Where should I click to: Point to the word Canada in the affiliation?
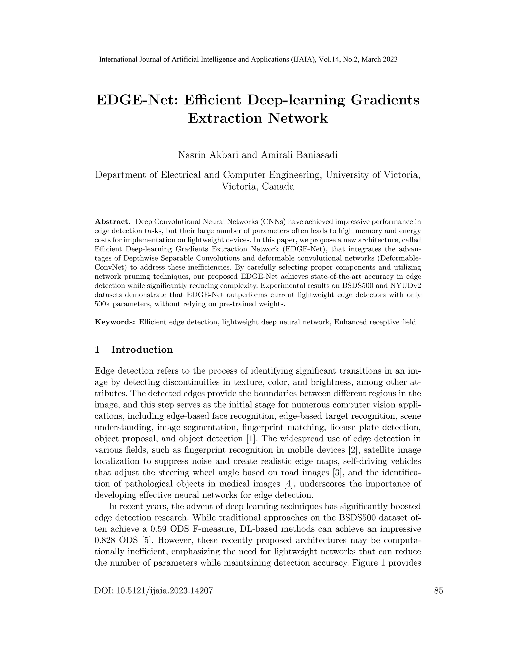point(278,187)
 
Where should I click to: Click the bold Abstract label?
point(112,222)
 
